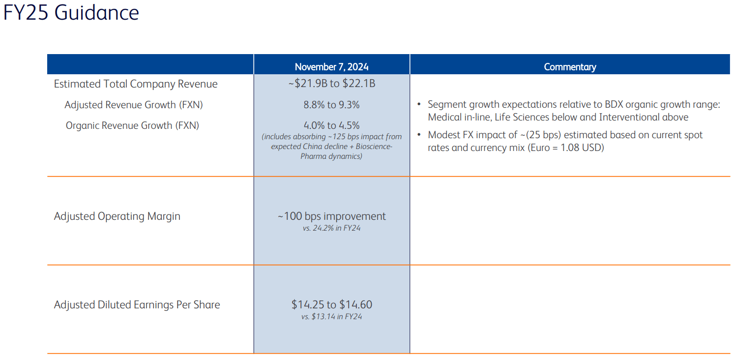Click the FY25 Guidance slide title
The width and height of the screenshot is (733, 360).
point(71,13)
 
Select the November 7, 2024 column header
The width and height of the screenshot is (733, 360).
point(331,67)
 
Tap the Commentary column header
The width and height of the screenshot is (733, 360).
point(570,67)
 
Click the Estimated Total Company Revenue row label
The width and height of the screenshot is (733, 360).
point(136,84)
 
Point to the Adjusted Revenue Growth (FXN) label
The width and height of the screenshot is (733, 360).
point(134,105)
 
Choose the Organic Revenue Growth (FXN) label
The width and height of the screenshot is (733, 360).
point(132,125)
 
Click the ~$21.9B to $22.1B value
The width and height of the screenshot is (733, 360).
point(331,84)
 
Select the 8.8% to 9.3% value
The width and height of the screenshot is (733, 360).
point(331,105)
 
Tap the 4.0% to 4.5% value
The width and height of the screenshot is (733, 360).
point(331,125)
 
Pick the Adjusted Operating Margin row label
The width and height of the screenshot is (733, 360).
point(117,216)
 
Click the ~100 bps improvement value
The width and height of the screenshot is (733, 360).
point(331,216)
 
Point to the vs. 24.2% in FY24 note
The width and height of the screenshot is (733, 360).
point(331,228)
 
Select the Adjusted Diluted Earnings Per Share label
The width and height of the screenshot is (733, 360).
point(137,305)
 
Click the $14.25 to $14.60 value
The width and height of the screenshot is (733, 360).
point(331,305)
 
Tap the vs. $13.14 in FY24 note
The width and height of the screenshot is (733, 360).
point(331,317)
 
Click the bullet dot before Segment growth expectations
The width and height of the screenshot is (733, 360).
point(419,105)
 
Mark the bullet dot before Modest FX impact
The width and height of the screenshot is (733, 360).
point(419,135)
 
